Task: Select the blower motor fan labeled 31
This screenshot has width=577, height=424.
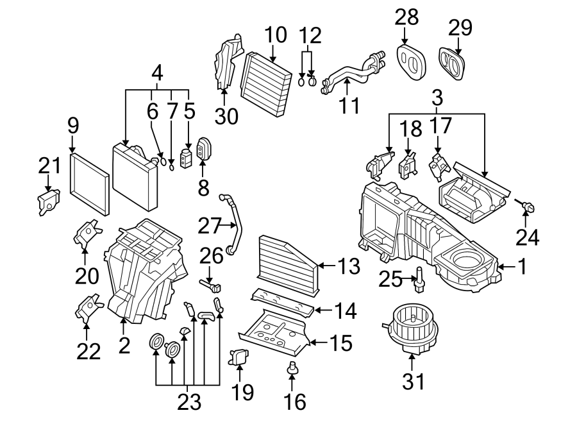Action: (408, 326)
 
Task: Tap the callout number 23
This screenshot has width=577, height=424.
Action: (189, 402)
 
